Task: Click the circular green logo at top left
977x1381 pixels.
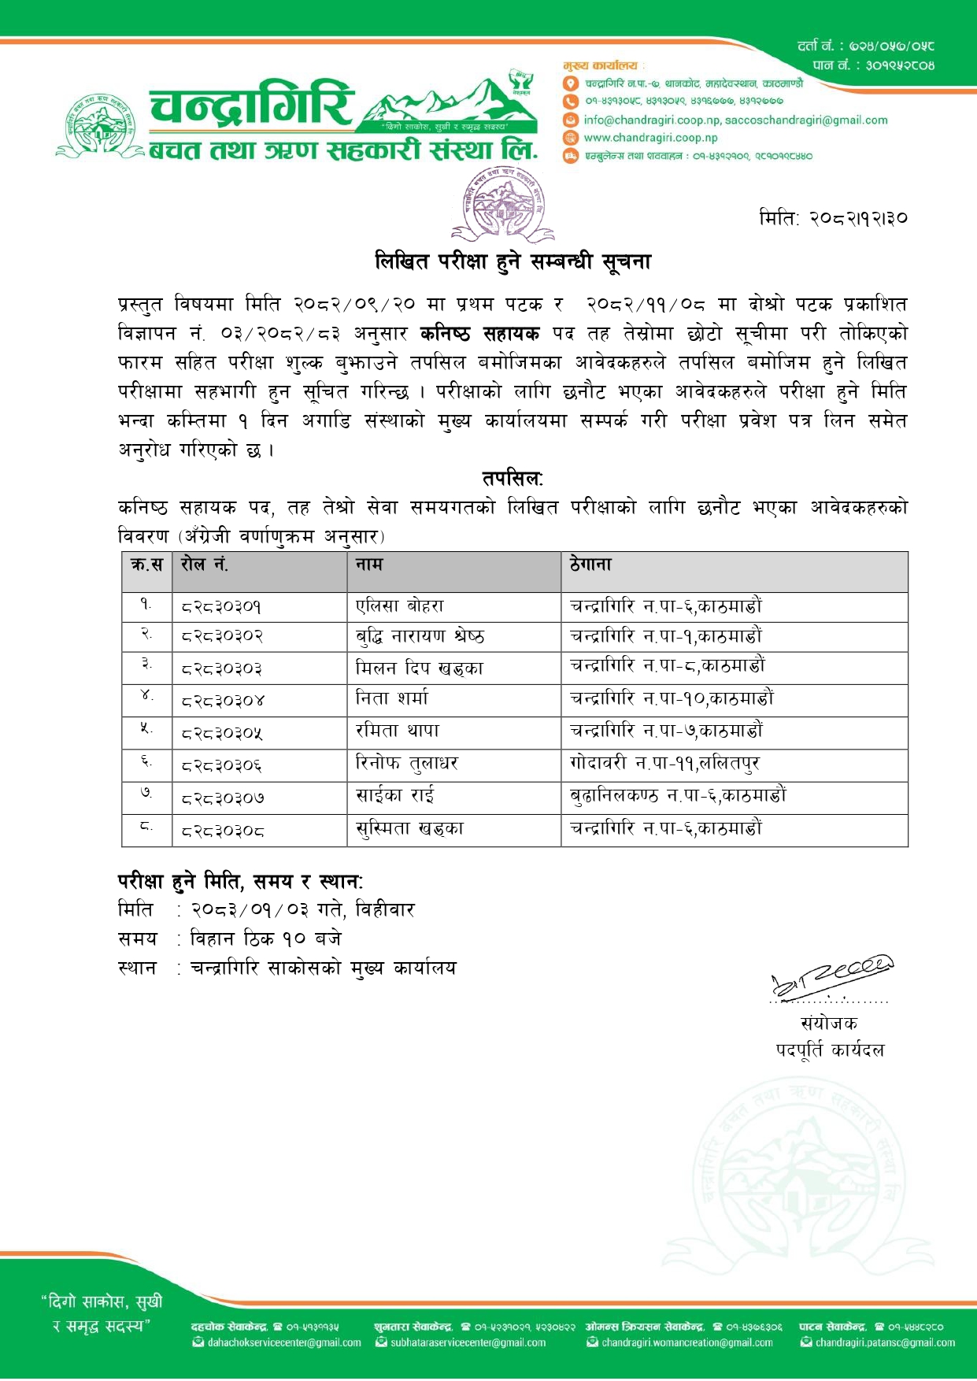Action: pos(100,126)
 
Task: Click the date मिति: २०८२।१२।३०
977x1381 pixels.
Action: pos(833,217)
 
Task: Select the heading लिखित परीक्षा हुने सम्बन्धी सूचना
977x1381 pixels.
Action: pos(513,261)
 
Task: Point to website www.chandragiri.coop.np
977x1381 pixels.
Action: pos(650,138)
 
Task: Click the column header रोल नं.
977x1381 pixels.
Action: pos(205,565)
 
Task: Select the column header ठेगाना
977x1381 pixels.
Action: pos(590,565)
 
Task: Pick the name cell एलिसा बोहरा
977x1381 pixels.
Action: pos(400,606)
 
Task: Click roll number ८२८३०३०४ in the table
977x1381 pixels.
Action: pos(223,700)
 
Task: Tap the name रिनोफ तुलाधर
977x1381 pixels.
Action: pos(407,763)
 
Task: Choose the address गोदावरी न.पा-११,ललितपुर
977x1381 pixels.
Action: pos(665,763)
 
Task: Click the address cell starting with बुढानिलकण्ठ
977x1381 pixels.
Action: pos(678,795)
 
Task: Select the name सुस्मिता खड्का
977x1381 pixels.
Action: pos(409,828)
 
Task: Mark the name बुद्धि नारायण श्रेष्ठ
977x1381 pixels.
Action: pos(420,636)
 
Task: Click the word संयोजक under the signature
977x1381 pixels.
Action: pos(829,1023)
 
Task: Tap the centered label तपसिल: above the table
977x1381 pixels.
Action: pos(513,479)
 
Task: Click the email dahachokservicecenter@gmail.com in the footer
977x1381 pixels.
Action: pos(283,1342)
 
